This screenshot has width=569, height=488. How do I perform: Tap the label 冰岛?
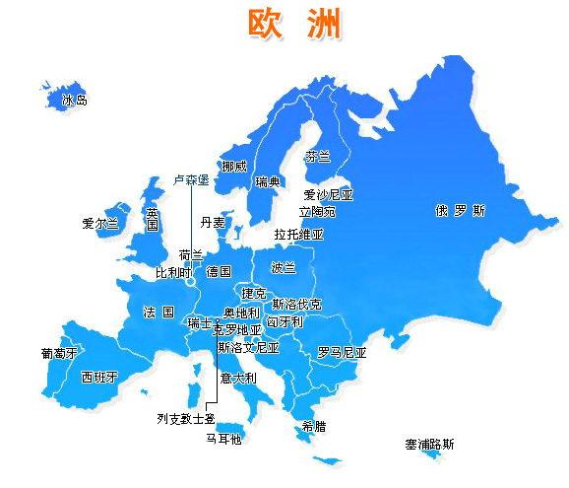(75, 100)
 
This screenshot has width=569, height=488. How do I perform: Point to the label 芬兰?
(317, 157)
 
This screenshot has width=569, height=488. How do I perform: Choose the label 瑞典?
(268, 181)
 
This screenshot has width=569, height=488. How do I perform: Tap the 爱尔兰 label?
(100, 224)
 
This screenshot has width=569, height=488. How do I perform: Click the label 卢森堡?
(191, 179)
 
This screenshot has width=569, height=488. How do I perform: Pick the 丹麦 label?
(213, 223)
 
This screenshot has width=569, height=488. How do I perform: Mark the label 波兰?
(284, 266)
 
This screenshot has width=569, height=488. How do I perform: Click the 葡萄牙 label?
(59, 352)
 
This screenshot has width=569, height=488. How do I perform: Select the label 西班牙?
(98, 377)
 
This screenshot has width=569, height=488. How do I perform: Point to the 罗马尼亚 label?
(342, 352)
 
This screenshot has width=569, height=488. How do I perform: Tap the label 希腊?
(314, 427)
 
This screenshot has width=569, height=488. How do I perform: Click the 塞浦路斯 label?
(429, 445)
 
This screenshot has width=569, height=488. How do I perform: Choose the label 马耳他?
(222, 439)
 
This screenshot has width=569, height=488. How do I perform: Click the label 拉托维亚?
(298, 235)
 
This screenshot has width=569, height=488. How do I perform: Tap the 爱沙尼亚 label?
(328, 195)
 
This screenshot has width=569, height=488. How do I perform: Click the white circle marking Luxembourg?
(188, 282)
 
